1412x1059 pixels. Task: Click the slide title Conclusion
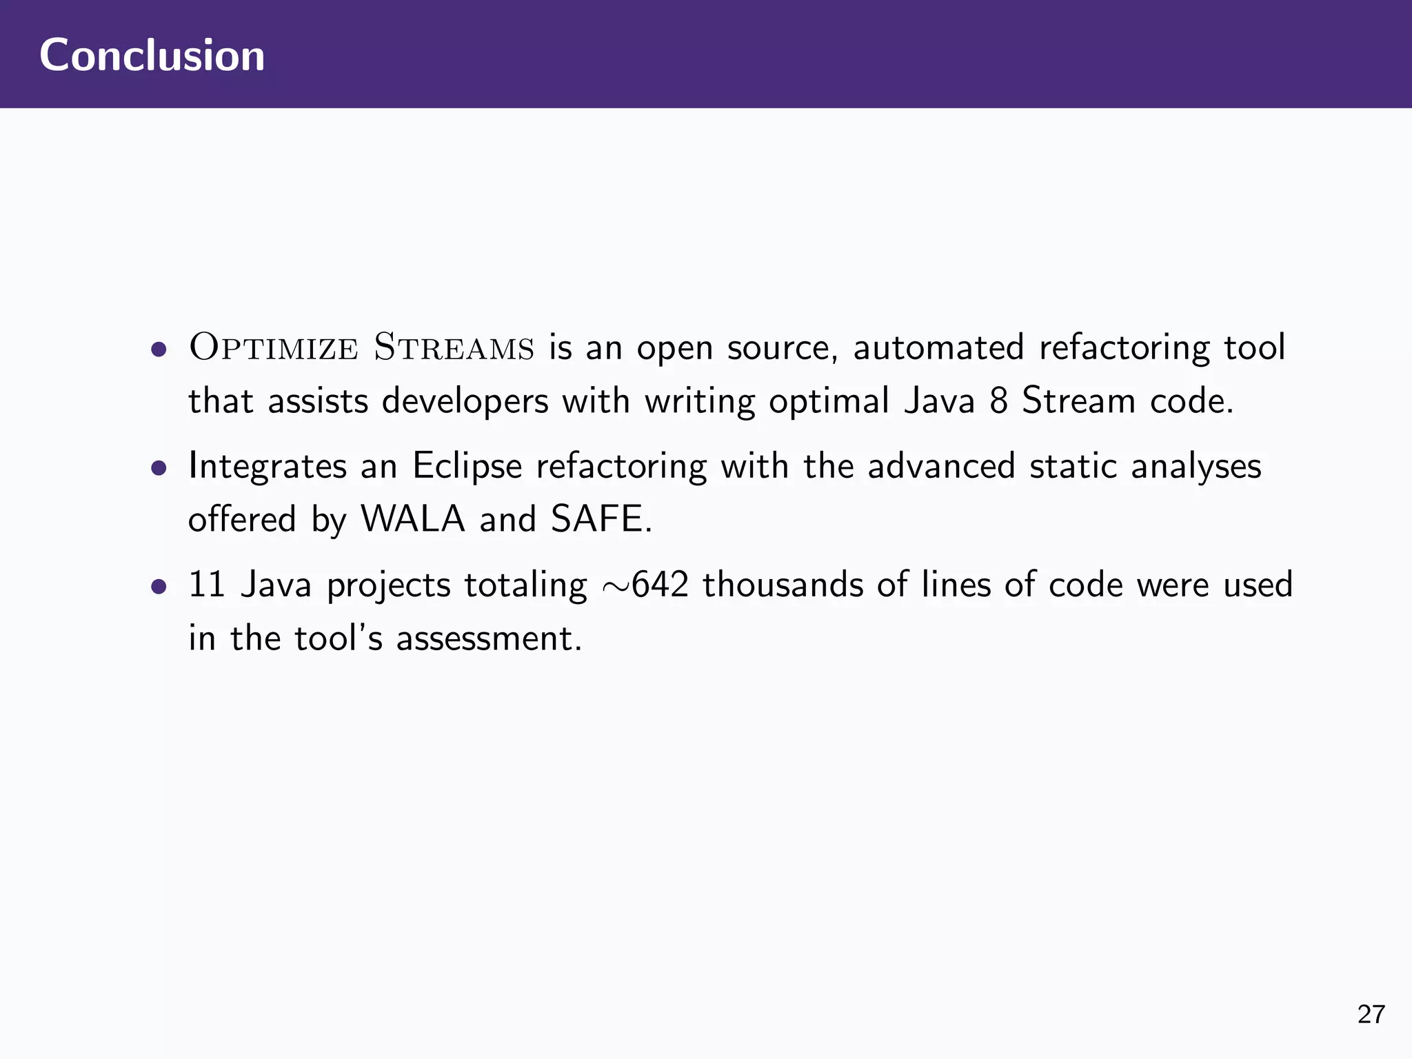click(x=152, y=55)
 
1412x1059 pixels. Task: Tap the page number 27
click(x=1371, y=1014)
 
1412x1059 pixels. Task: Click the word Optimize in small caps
click(x=274, y=347)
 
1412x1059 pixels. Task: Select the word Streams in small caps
click(x=454, y=347)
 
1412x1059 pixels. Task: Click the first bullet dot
click(x=159, y=350)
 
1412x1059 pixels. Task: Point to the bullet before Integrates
click(x=159, y=469)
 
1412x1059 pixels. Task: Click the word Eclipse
click(x=467, y=467)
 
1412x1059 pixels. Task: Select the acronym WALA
click(x=413, y=519)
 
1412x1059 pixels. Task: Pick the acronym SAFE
click(x=601, y=519)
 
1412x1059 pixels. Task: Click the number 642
click(x=660, y=585)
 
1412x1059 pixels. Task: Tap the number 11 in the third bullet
click(x=207, y=585)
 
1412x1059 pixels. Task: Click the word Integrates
click(x=268, y=467)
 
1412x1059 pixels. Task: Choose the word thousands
click(x=783, y=585)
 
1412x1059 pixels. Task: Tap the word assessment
click(x=488, y=638)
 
